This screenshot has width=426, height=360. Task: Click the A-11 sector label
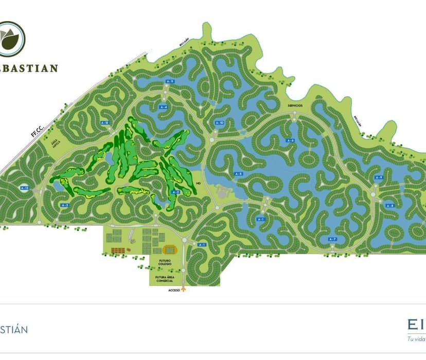[170, 82]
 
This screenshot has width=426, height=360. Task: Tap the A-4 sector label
[164, 107]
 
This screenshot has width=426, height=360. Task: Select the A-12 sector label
[105, 122]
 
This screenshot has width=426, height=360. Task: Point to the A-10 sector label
[220, 123]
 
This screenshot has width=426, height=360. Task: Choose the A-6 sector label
[290, 140]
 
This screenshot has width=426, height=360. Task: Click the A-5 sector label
[238, 174]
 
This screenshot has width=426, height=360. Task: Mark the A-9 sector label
[379, 177]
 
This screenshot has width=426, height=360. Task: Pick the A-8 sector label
[389, 206]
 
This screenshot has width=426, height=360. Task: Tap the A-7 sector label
[332, 239]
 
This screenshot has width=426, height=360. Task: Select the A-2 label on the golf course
[175, 192]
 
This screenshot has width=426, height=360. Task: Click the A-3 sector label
[65, 205]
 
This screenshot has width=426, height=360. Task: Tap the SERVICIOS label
[295, 105]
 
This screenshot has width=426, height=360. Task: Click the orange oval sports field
[169, 250]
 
